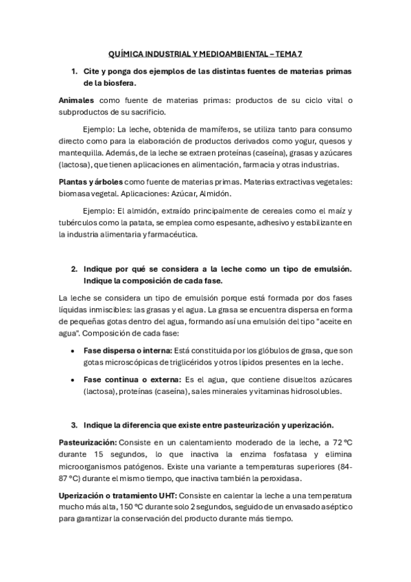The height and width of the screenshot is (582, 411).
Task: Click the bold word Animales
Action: (x=77, y=100)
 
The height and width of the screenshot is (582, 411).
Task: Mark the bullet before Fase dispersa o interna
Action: (x=73, y=350)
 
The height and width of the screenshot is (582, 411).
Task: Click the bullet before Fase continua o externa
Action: (x=73, y=380)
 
